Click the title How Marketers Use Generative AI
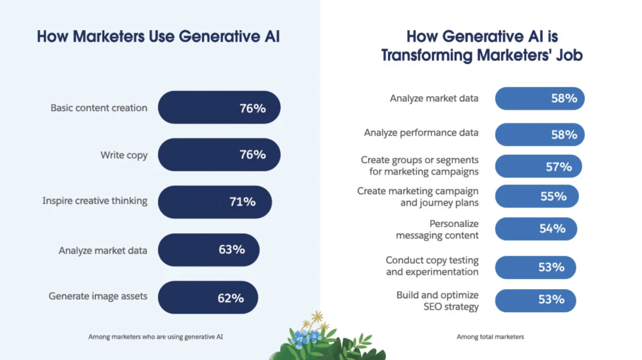(x=158, y=36)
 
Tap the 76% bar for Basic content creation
(x=219, y=108)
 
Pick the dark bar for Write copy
(x=219, y=154)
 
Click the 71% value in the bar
(x=242, y=201)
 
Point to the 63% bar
(x=208, y=250)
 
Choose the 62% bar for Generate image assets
(x=208, y=297)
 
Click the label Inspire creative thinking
(x=95, y=201)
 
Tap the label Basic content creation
(x=98, y=108)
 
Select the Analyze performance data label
(x=421, y=132)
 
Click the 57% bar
(x=538, y=166)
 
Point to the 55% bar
(x=537, y=196)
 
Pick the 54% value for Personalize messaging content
(x=552, y=228)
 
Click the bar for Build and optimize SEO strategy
(x=535, y=300)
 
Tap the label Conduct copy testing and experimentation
(x=431, y=266)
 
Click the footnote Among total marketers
(x=490, y=337)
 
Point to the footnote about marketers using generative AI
(x=155, y=337)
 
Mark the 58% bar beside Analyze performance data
(x=539, y=134)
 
